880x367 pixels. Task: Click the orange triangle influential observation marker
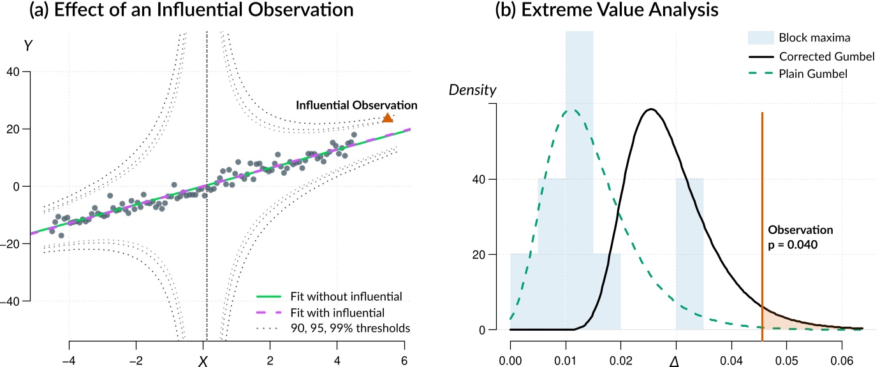pyautogui.click(x=387, y=118)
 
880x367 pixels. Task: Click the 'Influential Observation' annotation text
pyautogui.click(x=356, y=105)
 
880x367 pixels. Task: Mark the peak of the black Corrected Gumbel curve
pyautogui.click(x=651, y=109)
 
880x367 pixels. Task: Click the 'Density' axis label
pyautogui.click(x=473, y=90)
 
